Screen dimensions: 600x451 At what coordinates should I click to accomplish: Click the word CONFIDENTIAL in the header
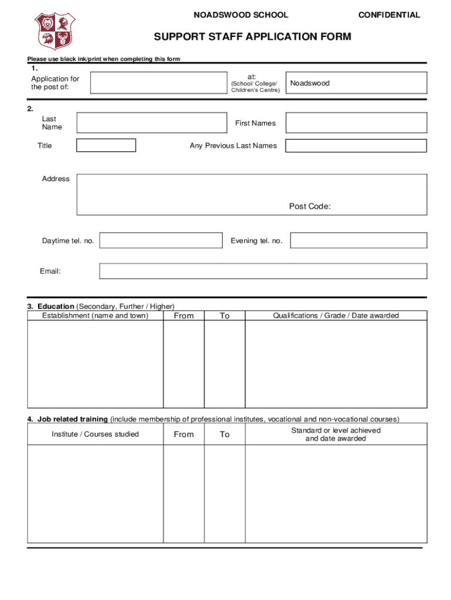coord(389,15)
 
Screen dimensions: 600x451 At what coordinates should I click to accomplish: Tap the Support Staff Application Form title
coord(252,37)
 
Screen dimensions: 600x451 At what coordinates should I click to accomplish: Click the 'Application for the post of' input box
coord(158,83)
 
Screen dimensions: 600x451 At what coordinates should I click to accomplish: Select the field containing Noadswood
coord(356,83)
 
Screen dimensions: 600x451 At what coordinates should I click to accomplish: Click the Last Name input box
coord(152,123)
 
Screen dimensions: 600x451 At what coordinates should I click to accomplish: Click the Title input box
coord(106,145)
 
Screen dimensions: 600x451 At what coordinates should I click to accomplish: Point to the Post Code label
coord(310,206)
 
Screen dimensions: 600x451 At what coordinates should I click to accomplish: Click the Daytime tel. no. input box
coord(161,241)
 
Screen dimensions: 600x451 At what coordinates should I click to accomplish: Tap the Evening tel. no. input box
coord(358,241)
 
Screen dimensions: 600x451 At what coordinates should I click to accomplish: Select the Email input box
coord(263,271)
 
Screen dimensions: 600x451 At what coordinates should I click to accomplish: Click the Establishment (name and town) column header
coord(95,316)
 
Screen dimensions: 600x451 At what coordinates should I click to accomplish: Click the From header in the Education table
coord(183,316)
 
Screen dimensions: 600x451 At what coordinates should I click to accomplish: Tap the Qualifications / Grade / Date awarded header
coord(336,316)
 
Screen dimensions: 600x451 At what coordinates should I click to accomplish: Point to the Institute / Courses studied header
coord(95,434)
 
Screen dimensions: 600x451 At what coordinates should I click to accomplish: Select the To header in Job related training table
coord(224,434)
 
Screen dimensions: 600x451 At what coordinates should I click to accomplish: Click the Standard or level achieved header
coord(336,434)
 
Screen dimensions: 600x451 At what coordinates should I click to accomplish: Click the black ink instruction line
coord(104,59)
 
